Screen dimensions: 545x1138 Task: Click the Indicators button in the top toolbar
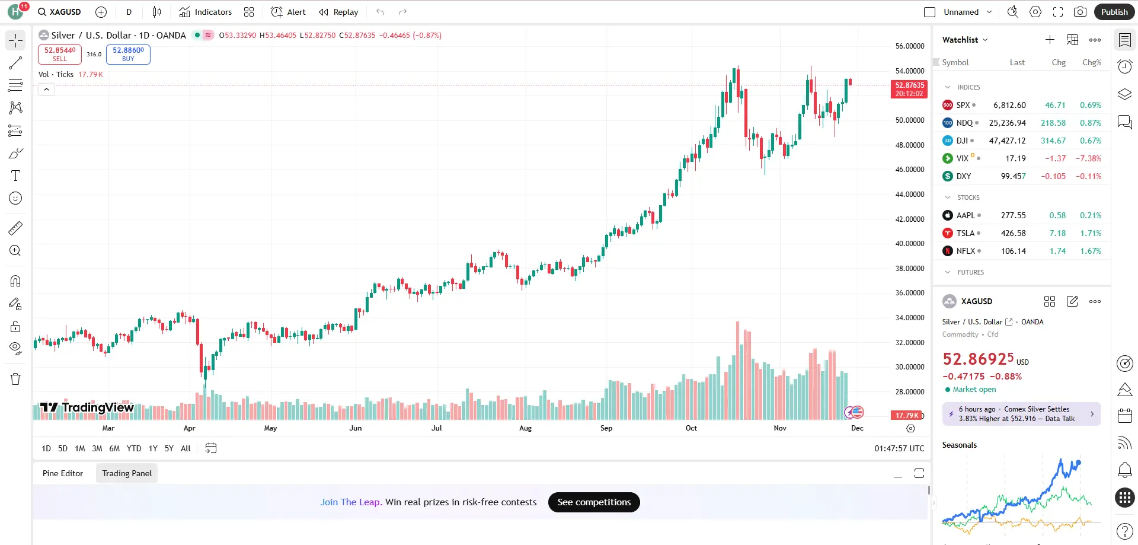(x=206, y=12)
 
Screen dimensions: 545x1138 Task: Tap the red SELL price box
(x=60, y=54)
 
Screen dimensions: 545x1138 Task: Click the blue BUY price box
(x=128, y=54)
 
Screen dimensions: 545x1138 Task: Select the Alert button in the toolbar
(x=288, y=12)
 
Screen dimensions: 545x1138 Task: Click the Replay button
(x=338, y=12)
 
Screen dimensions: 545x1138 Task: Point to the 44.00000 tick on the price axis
(x=909, y=195)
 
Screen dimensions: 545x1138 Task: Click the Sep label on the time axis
(x=606, y=428)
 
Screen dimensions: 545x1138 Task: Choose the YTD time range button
(x=134, y=448)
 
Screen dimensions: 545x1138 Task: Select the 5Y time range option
(x=169, y=448)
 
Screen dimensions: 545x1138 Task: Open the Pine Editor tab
(x=63, y=473)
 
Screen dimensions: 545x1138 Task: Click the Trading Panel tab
(x=127, y=473)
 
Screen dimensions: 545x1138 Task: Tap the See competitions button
(x=594, y=502)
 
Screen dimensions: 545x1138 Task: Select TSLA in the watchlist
(x=965, y=233)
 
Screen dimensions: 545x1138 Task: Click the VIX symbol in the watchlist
(x=962, y=158)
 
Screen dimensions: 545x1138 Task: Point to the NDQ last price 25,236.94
(x=1007, y=123)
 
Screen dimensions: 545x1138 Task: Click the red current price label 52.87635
(x=909, y=89)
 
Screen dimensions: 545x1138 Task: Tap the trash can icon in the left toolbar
(x=15, y=379)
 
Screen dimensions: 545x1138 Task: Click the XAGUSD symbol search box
(x=59, y=12)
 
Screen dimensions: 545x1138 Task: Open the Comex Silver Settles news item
(x=1021, y=414)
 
